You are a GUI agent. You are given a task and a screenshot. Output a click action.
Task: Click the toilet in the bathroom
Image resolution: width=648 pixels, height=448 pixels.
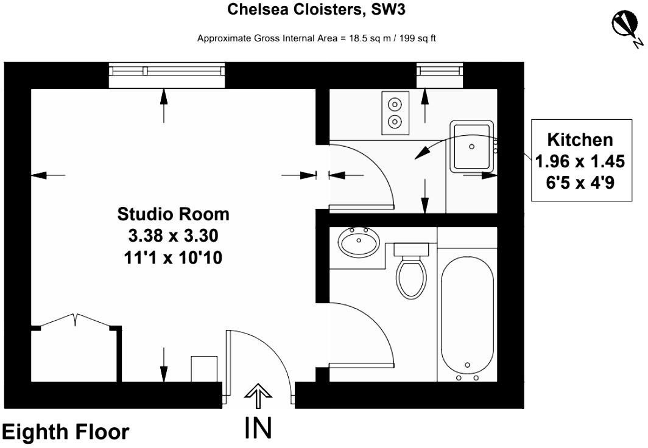click(410, 270)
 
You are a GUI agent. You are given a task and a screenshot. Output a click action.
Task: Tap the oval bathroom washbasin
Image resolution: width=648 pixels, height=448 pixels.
click(359, 242)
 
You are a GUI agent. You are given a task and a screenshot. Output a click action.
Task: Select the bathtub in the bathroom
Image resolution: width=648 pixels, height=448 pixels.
click(467, 316)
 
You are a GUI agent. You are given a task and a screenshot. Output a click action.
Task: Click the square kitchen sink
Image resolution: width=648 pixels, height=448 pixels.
click(472, 147)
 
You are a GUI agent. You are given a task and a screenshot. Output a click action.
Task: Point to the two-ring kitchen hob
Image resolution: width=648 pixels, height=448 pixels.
click(395, 113)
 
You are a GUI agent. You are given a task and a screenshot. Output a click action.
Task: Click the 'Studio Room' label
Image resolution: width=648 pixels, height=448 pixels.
click(173, 214)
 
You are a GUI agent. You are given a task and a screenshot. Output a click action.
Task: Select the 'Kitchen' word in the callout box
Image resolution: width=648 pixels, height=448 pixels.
click(580, 140)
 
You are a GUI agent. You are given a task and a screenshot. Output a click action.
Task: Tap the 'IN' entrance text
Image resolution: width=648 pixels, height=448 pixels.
click(258, 428)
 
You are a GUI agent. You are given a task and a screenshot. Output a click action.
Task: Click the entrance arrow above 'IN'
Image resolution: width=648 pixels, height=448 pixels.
click(258, 396)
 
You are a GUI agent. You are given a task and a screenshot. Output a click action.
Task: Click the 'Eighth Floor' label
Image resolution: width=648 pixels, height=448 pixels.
click(66, 432)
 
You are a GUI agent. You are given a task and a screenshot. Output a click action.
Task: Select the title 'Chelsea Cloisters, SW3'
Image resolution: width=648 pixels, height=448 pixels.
click(316, 9)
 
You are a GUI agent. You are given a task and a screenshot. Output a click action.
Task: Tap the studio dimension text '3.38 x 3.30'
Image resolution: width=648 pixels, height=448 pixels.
click(173, 236)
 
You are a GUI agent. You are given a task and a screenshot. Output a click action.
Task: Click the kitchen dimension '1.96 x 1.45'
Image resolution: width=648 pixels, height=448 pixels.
click(580, 161)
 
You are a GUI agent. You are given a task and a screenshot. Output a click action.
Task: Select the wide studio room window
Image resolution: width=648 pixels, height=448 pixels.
click(167, 75)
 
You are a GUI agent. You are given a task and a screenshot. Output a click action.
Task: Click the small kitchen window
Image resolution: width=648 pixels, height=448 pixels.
click(440, 75)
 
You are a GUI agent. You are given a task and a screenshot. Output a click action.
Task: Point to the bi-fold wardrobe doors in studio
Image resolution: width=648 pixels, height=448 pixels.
click(76, 320)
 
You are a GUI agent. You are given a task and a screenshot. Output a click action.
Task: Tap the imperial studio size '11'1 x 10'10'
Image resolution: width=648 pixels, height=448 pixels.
click(173, 257)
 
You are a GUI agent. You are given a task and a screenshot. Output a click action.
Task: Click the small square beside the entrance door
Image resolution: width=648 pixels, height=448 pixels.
click(204, 369)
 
